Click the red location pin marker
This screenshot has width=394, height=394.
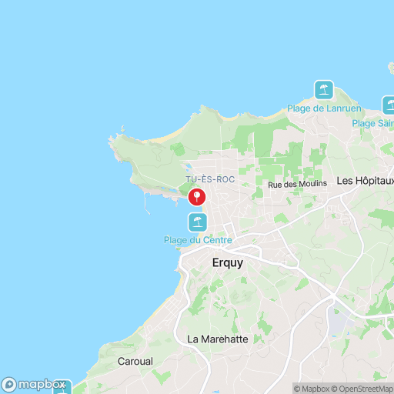[x=198, y=197]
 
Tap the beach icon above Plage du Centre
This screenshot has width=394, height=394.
[x=198, y=223]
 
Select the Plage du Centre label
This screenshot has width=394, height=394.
[x=198, y=241]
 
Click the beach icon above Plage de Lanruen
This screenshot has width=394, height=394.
[x=324, y=90]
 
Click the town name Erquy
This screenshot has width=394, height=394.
[x=227, y=262]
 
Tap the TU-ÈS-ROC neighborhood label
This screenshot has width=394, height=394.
[x=210, y=179]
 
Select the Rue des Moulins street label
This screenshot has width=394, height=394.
[x=297, y=184]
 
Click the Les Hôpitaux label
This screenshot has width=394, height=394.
[x=366, y=182]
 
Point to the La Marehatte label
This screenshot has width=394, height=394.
[x=218, y=339]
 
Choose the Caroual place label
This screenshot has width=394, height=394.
[x=135, y=361]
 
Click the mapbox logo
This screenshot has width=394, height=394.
[x=34, y=384]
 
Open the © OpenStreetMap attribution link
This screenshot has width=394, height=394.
[x=364, y=389]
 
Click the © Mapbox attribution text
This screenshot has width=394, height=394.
[x=312, y=389]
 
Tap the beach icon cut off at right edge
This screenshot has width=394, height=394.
[x=389, y=105]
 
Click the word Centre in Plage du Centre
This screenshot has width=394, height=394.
[x=216, y=241]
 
